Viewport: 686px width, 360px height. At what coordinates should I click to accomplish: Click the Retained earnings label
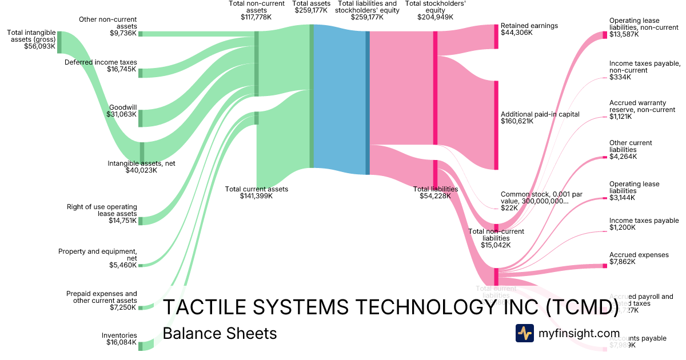(x=529, y=26)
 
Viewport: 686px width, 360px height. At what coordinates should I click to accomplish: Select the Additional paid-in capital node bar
(x=496, y=125)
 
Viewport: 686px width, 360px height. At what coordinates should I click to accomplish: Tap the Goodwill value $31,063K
(x=122, y=114)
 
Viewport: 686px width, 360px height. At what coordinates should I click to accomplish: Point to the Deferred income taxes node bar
(x=141, y=73)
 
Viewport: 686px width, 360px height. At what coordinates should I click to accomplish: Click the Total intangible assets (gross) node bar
(x=59, y=42)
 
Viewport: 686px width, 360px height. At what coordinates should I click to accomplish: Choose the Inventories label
(x=119, y=335)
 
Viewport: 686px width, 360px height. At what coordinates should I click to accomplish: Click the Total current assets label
(x=256, y=189)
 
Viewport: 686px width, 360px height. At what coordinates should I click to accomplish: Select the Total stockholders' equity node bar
(x=435, y=88)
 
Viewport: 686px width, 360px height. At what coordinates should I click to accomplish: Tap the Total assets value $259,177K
(x=311, y=10)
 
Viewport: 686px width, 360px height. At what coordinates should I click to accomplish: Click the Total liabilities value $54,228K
(x=435, y=197)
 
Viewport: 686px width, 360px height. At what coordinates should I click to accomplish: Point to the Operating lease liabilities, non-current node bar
(x=605, y=35)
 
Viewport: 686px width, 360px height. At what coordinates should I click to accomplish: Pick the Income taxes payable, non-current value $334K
(x=620, y=77)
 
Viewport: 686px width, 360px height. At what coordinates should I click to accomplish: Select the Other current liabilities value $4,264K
(x=623, y=157)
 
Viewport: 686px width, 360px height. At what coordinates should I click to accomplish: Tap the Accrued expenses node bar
(x=605, y=266)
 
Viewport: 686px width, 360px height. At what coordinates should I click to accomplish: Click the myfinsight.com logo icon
(x=524, y=333)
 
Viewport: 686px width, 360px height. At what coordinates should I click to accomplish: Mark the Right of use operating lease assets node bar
(x=141, y=221)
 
